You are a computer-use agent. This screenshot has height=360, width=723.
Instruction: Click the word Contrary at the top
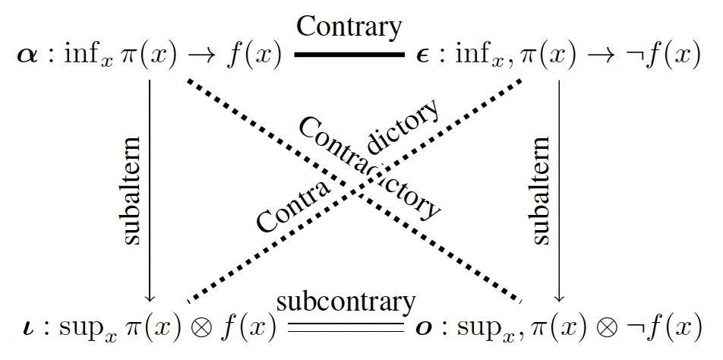click(349, 27)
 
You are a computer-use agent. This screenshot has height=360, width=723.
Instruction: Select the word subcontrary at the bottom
click(346, 302)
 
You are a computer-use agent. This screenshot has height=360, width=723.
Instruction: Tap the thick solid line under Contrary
click(349, 55)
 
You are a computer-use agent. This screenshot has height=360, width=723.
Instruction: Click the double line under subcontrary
click(346, 328)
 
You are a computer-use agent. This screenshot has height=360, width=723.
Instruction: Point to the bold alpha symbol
click(27, 56)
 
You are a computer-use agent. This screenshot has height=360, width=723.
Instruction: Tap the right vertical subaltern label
click(541, 191)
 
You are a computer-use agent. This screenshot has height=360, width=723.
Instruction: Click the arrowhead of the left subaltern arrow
click(150, 297)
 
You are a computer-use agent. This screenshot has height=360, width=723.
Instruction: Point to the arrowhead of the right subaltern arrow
click(560, 297)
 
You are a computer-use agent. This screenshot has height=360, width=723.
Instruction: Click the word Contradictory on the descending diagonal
click(369, 169)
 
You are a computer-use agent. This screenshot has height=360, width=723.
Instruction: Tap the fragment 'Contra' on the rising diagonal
click(292, 207)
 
